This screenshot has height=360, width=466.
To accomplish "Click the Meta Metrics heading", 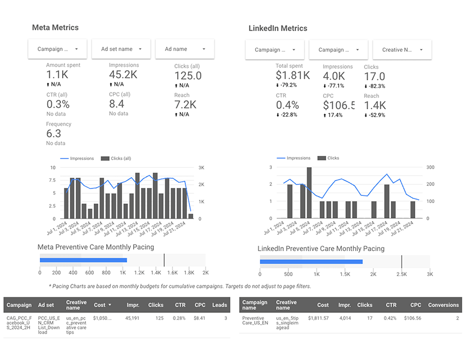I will pyautogui.click(x=55, y=27).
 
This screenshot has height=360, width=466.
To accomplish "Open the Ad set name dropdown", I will pyautogui.click(x=121, y=49).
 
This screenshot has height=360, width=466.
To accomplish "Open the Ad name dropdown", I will pyautogui.click(x=185, y=49).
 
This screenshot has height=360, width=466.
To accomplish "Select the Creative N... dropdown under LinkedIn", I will pyautogui.click(x=402, y=50).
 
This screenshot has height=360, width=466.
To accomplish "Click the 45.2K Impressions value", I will pyautogui.click(x=124, y=75).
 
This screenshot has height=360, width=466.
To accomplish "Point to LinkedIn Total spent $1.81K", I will pyautogui.click(x=293, y=76).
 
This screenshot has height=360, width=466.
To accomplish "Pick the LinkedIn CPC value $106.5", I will pyautogui.click(x=339, y=105).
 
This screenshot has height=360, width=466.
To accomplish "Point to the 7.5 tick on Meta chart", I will pyautogui.click(x=52, y=180).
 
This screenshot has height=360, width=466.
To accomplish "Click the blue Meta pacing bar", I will pyautogui.click(x=83, y=260).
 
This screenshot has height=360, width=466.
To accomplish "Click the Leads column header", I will pyautogui.click(x=220, y=305).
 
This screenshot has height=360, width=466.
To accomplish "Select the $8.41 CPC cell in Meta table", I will pyautogui.click(x=200, y=319).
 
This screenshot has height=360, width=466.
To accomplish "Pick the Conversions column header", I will pyautogui.click(x=443, y=305).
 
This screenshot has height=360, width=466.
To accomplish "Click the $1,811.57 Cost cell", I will pyautogui.click(x=318, y=319).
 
